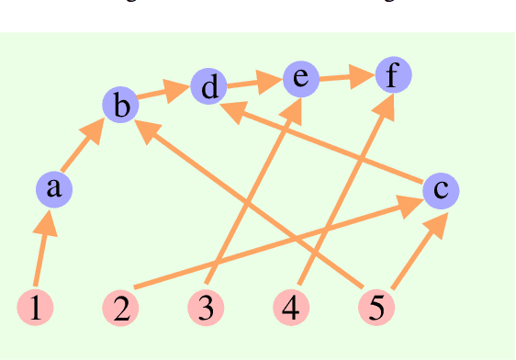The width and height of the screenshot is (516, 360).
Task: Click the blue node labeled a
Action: [x=53, y=189]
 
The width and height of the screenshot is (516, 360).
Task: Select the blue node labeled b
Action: [x=120, y=106]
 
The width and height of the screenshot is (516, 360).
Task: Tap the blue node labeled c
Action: [x=441, y=190]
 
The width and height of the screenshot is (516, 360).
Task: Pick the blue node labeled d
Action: [x=209, y=88]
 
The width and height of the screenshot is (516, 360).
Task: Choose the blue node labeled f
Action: [x=393, y=75]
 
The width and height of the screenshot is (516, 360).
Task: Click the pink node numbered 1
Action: [x=35, y=308]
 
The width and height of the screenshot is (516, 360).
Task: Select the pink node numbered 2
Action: [x=120, y=308]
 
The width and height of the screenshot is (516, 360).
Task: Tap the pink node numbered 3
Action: [x=206, y=308]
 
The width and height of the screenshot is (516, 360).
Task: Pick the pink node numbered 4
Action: [x=291, y=308]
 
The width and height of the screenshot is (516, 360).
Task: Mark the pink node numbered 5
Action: [x=376, y=308]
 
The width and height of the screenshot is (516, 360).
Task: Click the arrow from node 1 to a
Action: [x=41, y=253]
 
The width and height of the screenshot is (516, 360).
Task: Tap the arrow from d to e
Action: [x=254, y=84]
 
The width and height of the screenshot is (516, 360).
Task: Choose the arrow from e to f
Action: [x=346, y=77]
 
